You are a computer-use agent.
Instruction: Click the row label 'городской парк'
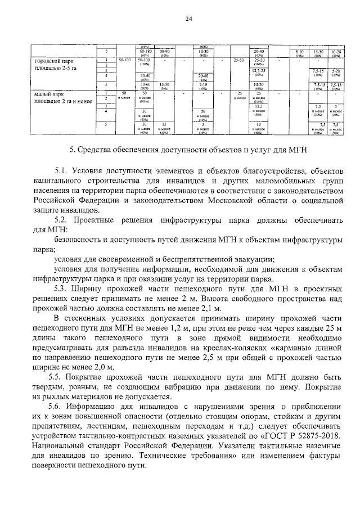click(x=55, y=60)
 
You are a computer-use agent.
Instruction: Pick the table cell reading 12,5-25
click(x=259, y=70)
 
